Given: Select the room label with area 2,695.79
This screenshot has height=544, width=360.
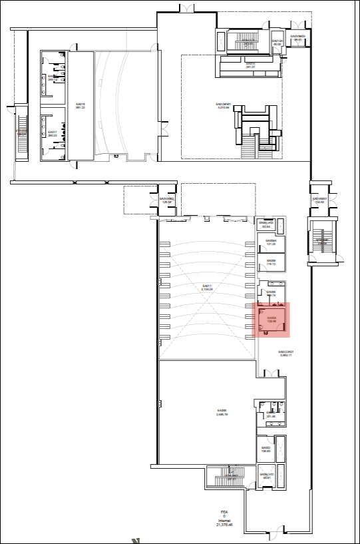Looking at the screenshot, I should [222, 413].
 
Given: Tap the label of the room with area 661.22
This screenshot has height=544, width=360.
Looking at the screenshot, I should [81, 107].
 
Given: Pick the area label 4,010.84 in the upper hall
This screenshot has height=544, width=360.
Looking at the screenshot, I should [222, 107].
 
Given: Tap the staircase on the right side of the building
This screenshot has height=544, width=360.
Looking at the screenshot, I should [323, 240].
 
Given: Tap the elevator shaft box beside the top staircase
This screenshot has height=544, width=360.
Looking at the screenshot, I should [277, 44].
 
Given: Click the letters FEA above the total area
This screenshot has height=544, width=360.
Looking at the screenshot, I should [225, 511].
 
